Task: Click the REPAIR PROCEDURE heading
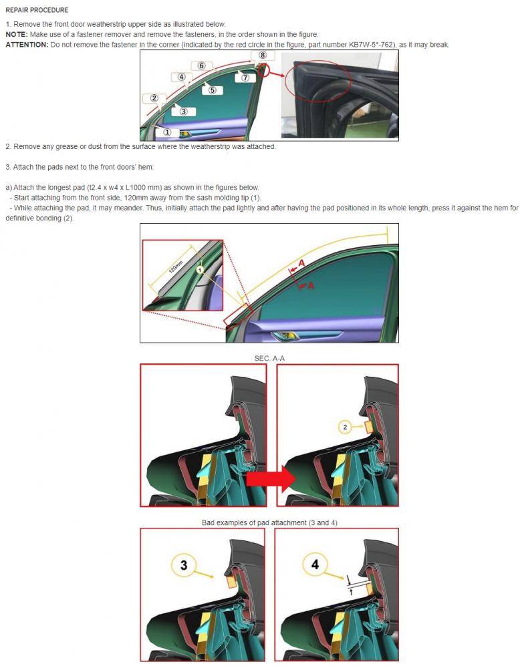pos(37,10)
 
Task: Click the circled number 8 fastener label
pos(263,55)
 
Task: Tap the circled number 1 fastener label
pos(167,132)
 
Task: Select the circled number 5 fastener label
pos(212,90)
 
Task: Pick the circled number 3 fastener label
pos(184,112)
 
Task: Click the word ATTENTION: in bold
pos(27,45)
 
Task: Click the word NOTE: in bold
pos(17,35)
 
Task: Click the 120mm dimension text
pos(176,267)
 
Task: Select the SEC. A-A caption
pos(269,358)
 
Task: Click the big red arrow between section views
pos(271,479)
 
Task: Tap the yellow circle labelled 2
pos(345,427)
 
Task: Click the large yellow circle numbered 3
pos(184,565)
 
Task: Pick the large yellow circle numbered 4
pos(315,564)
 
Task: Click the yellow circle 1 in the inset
pos(200,270)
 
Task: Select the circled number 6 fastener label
pos(201,65)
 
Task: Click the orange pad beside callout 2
pos(369,426)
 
